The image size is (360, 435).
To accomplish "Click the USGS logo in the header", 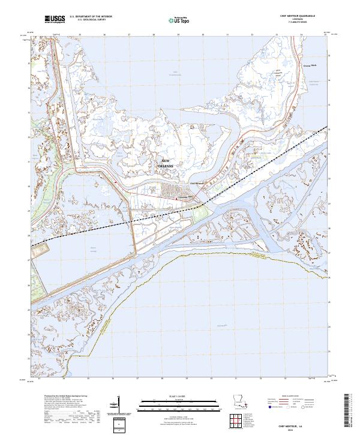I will tap(55, 19).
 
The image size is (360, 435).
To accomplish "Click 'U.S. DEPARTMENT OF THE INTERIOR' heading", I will tap(91, 17).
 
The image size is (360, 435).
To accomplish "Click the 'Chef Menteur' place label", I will tap(197, 184).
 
